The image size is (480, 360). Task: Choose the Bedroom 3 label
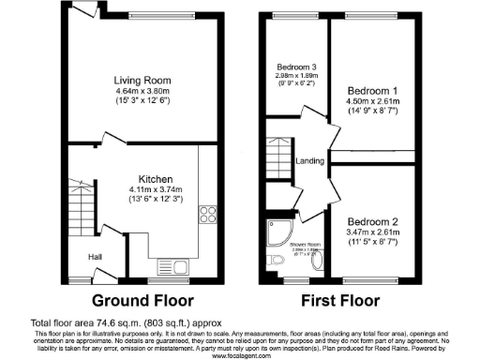pos(295,67)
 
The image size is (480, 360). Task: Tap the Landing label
pos(309,161)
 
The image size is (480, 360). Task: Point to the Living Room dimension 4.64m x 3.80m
pos(141,91)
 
